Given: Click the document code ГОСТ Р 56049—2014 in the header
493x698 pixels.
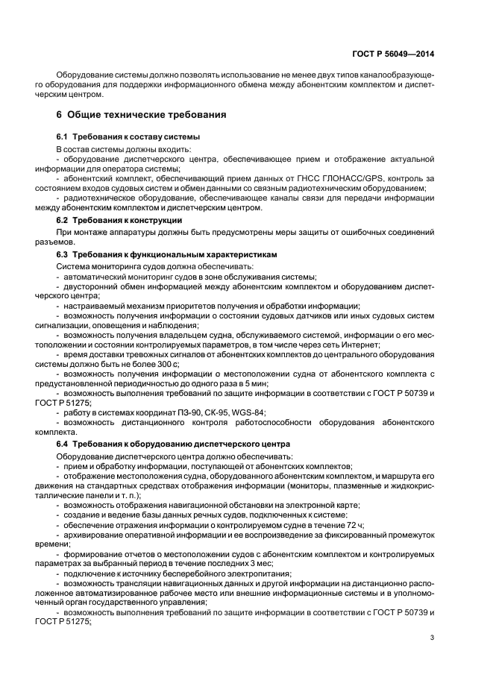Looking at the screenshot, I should pyautogui.click(x=393, y=54).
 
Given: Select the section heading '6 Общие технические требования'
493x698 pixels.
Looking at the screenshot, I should pyautogui.click(x=142, y=115).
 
